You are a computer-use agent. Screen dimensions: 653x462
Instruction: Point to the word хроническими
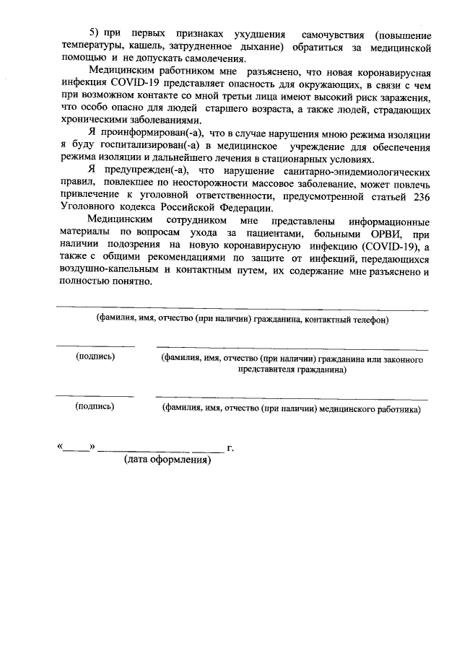(x=92, y=122)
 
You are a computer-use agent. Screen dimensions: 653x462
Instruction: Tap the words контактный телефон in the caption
(x=347, y=318)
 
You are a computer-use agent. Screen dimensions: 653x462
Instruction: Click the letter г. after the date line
(x=230, y=448)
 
